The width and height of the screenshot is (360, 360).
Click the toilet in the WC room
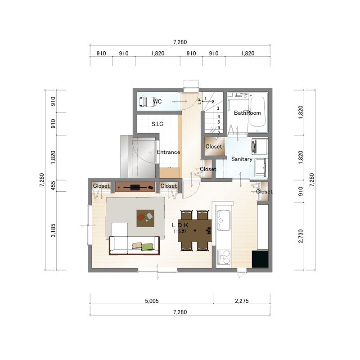pos(148,102)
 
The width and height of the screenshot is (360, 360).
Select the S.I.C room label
pos(157,124)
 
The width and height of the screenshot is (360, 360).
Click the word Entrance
pos(168,152)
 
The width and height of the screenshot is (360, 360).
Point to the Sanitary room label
pos(242,159)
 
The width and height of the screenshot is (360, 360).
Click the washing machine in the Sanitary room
pos(260,146)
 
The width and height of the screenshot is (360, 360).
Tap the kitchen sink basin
pos(223,220)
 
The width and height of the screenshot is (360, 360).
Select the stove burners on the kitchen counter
pos(224,257)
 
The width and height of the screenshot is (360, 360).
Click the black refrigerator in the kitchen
pos(260,259)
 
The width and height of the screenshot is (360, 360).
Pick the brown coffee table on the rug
pos(145,218)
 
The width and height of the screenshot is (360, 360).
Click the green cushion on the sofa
pos(147,247)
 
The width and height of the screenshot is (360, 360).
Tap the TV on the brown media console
pos(135,187)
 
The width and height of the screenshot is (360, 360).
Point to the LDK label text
pos(180,225)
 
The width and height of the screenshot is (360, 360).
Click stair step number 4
pos(219,117)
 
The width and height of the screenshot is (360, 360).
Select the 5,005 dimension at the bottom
pos(152,301)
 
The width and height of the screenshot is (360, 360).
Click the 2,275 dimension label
pos(242,301)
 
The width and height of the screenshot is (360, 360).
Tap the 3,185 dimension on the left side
pos(53,230)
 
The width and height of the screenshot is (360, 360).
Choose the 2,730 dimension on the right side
pos(301,236)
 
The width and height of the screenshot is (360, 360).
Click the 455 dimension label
pos(53,186)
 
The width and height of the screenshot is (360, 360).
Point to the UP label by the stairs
pos(199,101)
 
